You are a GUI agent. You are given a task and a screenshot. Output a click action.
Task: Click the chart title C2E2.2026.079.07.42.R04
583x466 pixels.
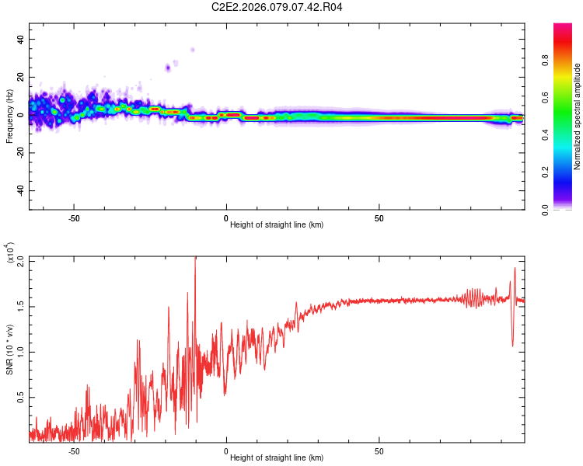278,7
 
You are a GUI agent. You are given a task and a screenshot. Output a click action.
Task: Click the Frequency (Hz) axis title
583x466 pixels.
9,116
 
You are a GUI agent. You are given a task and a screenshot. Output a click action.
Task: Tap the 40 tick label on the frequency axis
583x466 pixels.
22,39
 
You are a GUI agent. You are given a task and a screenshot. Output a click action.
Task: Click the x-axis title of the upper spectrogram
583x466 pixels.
277,224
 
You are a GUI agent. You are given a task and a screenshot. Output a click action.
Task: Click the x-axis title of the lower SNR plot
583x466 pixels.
277,457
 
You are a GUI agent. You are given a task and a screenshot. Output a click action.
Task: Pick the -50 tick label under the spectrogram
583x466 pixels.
74,217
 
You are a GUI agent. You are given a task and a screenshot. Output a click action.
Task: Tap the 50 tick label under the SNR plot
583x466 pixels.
379,450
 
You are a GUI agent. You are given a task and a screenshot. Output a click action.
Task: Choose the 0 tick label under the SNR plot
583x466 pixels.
226,450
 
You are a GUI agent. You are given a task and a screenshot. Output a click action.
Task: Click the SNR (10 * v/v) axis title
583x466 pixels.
9,349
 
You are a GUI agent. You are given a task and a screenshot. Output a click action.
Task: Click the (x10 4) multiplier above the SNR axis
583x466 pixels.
10,252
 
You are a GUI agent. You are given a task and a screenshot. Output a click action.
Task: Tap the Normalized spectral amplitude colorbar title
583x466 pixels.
577,116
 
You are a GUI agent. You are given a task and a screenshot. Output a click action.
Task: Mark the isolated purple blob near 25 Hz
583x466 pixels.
168,68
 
